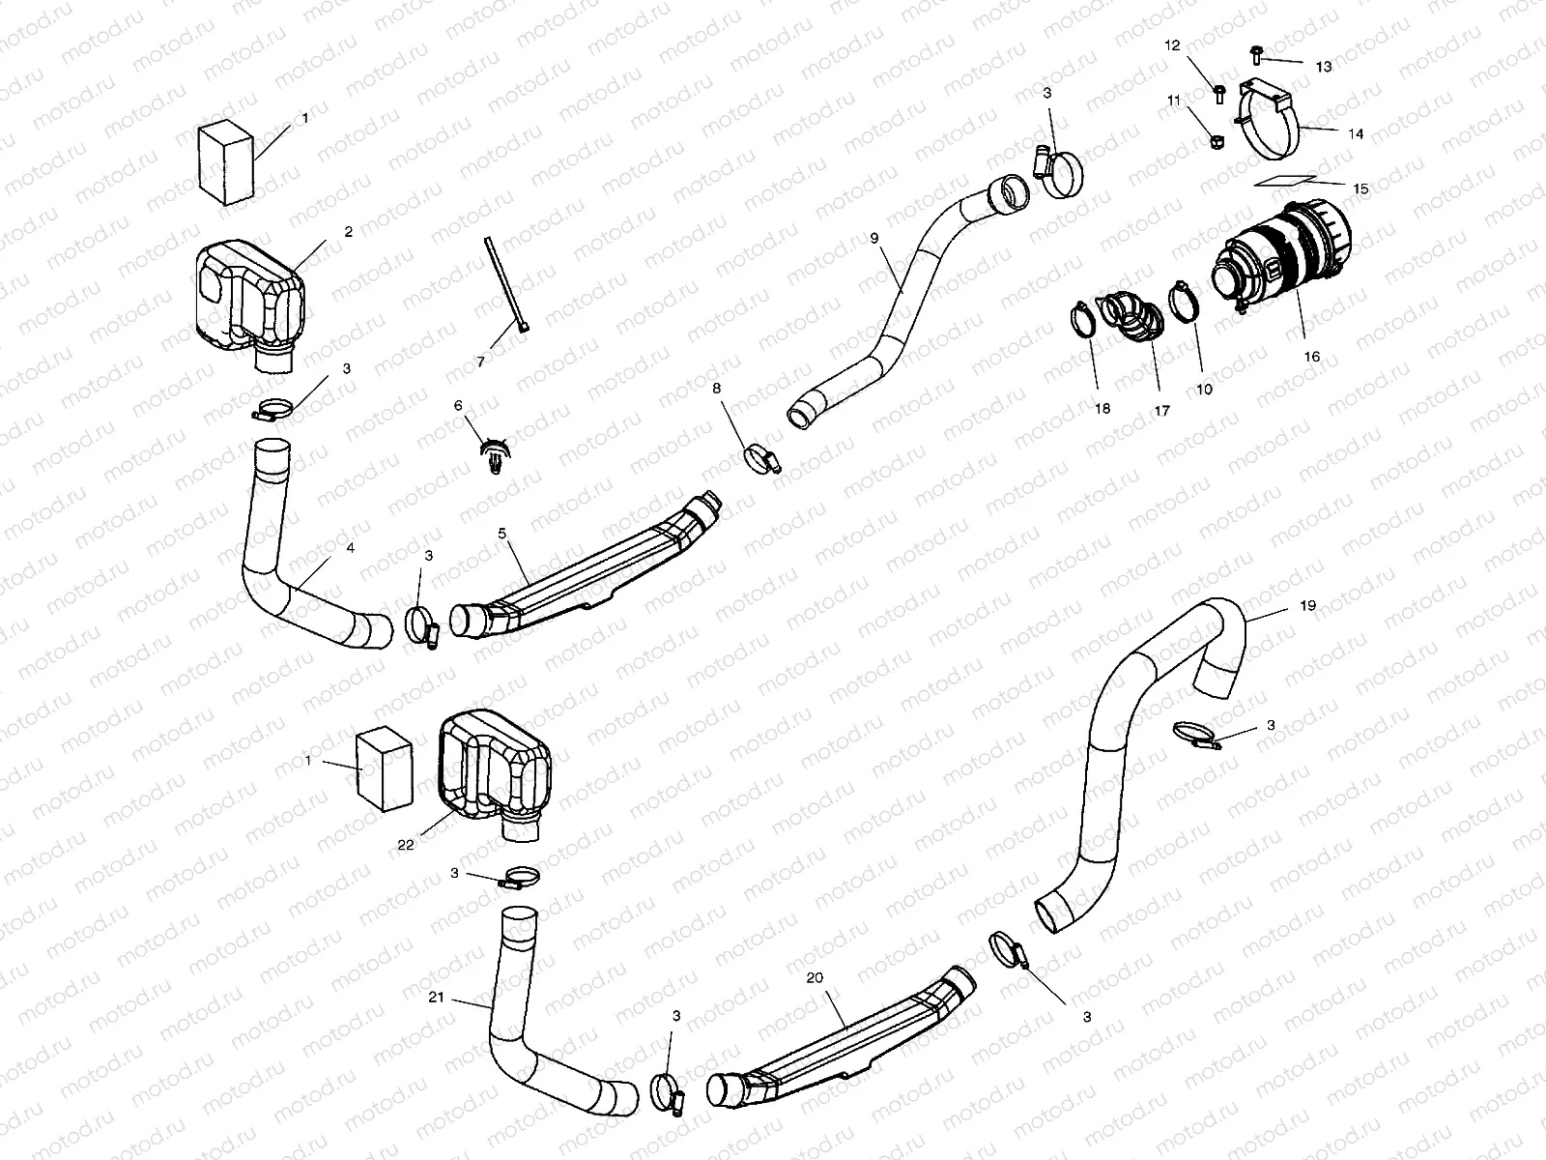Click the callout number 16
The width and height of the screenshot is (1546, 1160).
1311,357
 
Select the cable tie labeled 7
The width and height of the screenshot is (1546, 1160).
502,285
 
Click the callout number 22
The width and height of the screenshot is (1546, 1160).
406,844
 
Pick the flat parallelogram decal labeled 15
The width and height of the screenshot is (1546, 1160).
1285,182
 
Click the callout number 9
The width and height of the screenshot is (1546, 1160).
873,236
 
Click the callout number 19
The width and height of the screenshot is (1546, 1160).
1307,606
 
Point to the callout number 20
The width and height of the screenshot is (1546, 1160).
815,977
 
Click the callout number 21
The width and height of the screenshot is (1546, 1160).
436,997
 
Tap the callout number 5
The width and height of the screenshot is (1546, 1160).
501,533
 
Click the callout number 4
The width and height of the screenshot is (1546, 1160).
350,548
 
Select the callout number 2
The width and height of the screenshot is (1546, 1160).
348,232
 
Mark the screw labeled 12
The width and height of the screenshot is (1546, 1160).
1219,93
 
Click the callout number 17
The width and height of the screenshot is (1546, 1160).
1161,411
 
